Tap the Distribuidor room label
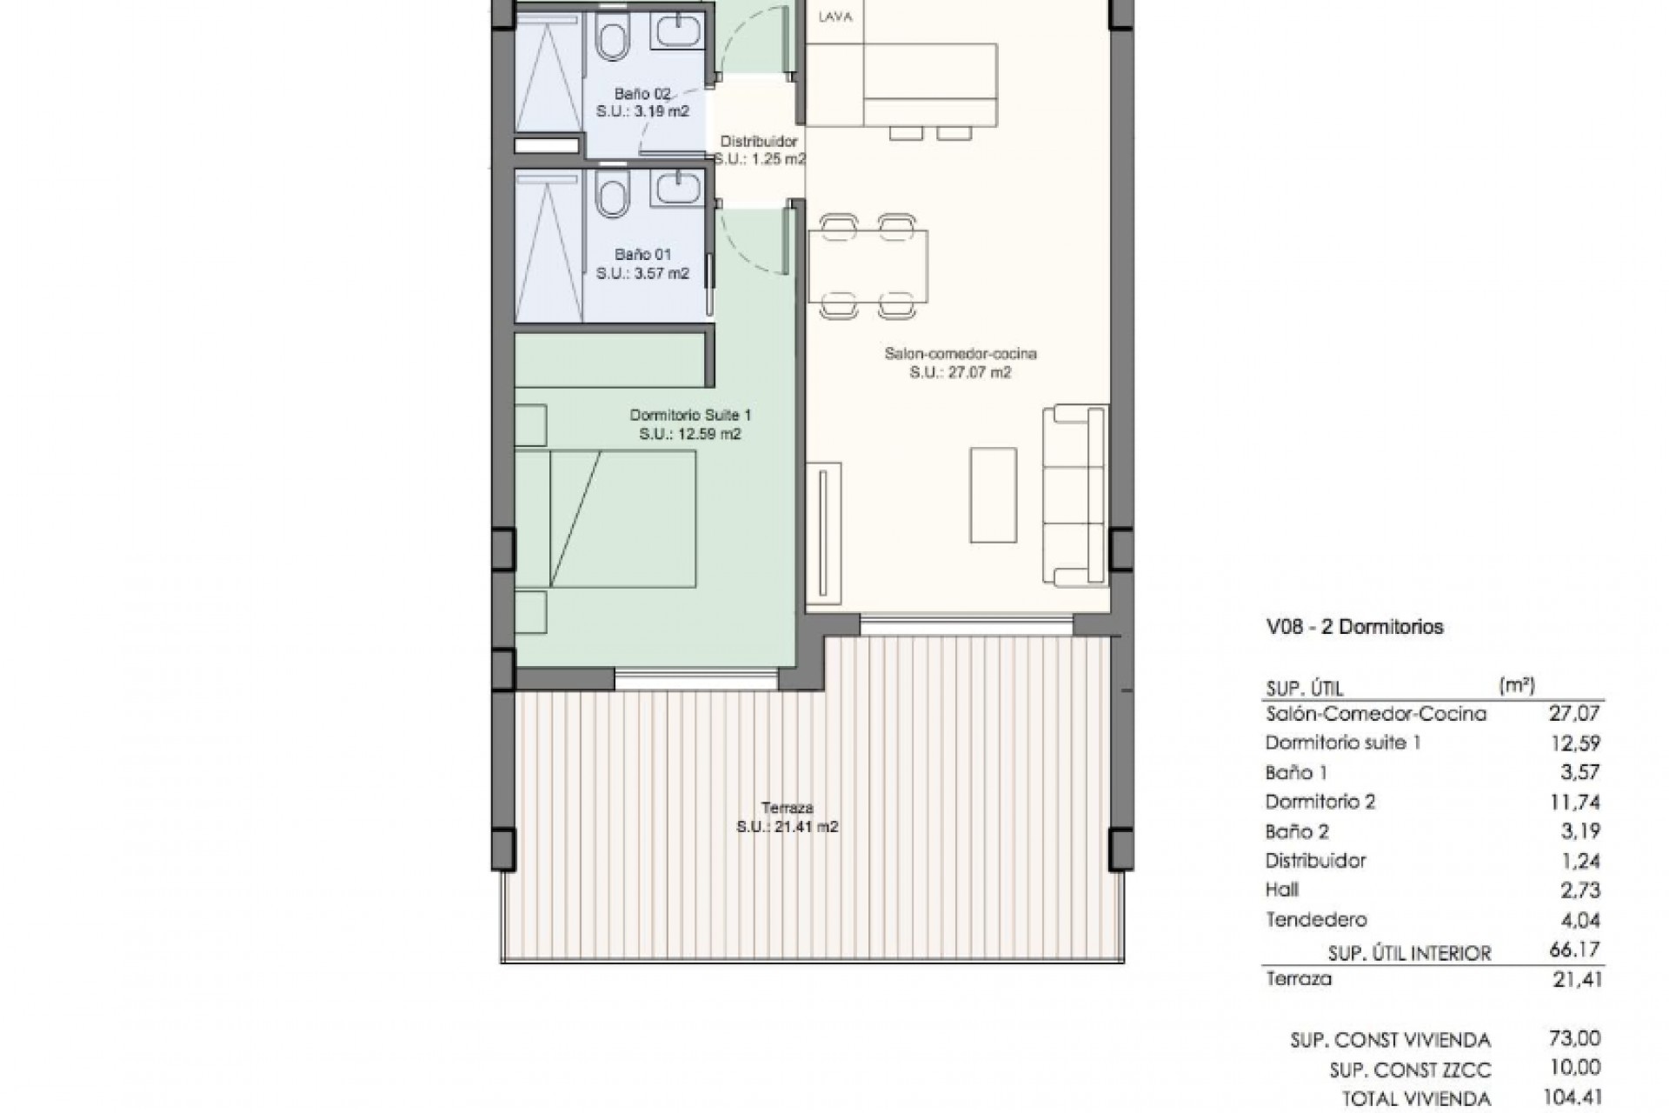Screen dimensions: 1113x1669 [758, 142]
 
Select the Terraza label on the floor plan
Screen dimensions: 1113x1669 [785, 808]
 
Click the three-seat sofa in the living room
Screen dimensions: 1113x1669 [1076, 495]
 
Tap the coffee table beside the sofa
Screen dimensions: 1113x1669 [993, 495]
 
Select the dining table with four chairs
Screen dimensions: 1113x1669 [868, 266]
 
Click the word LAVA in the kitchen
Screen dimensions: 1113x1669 [835, 17]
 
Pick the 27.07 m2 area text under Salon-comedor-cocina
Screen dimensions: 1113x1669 [960, 372]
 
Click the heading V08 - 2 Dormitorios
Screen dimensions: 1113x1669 [1354, 627]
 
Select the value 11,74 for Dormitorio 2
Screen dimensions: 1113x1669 [1573, 802]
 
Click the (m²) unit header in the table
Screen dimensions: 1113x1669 [1516, 685]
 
